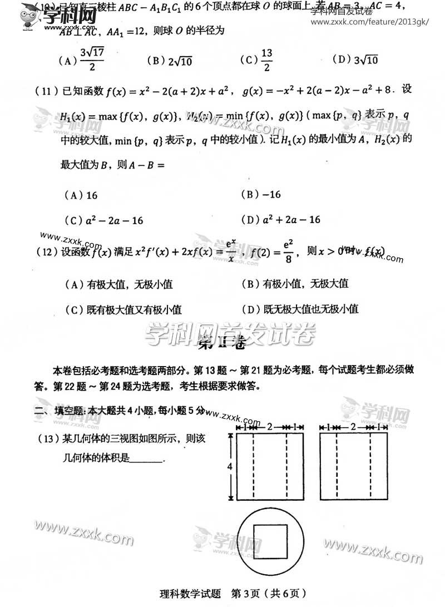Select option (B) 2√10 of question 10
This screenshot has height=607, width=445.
pyautogui.click(x=170, y=61)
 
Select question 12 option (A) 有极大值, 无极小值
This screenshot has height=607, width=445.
pyautogui.click(x=119, y=284)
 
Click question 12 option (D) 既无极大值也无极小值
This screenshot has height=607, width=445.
pyautogui.click(x=300, y=309)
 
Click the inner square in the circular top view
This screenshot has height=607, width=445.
pyautogui.click(x=270, y=543)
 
